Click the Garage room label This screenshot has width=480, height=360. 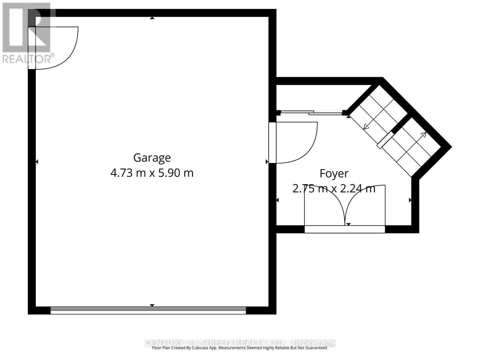(x=152, y=158)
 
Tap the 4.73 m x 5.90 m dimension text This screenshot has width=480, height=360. (x=152, y=173)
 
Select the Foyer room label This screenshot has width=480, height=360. (x=334, y=173)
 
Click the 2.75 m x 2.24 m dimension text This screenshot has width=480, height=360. (x=334, y=189)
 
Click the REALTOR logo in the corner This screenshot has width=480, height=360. (x=27, y=33)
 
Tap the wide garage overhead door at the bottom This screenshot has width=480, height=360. (x=148, y=310)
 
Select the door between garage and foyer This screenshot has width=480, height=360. (x=292, y=142)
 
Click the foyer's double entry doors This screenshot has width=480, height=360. (x=345, y=207)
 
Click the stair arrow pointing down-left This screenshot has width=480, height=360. (x=366, y=127)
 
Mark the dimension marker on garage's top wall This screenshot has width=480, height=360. (x=152, y=18)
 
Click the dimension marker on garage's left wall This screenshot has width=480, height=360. (x=37, y=162)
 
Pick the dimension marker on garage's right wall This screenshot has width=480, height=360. (x=267, y=162)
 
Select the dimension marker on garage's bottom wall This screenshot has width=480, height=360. (x=152, y=305)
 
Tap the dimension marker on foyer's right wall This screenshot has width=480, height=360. (x=410, y=200)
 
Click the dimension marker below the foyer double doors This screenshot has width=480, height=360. (x=348, y=224)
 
